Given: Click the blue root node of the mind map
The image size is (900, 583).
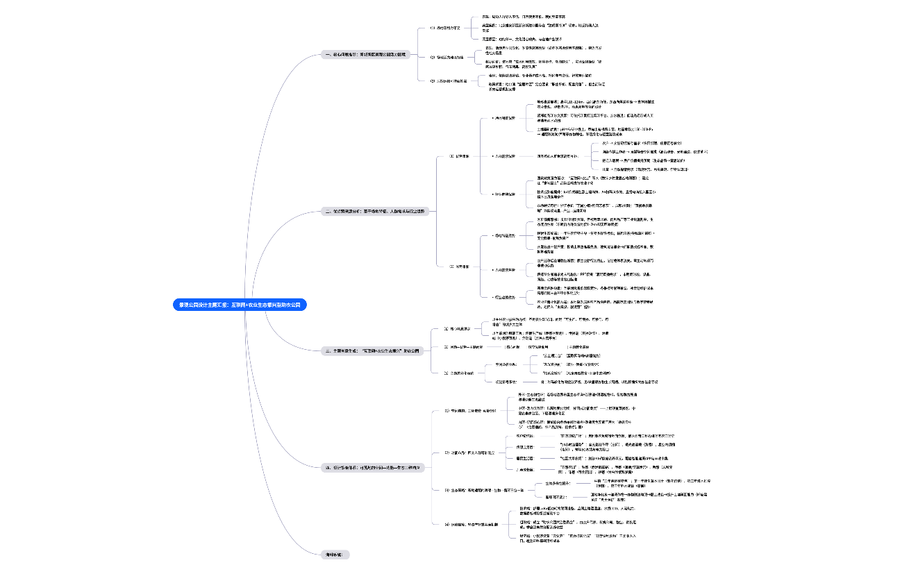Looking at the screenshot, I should (x=240, y=305).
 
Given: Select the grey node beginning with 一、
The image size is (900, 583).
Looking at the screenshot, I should (x=367, y=53).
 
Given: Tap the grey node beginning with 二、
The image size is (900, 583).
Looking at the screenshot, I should (x=374, y=211).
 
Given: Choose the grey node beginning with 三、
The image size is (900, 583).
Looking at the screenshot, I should (x=373, y=351).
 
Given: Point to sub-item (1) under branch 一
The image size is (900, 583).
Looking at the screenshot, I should (x=445, y=28).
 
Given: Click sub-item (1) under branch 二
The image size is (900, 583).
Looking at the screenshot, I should (x=459, y=156).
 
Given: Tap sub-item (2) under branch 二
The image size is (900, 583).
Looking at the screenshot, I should (x=459, y=266).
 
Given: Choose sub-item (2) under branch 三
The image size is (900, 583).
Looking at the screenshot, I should (x=464, y=346).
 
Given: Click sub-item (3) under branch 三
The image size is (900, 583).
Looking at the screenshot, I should (x=459, y=373).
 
